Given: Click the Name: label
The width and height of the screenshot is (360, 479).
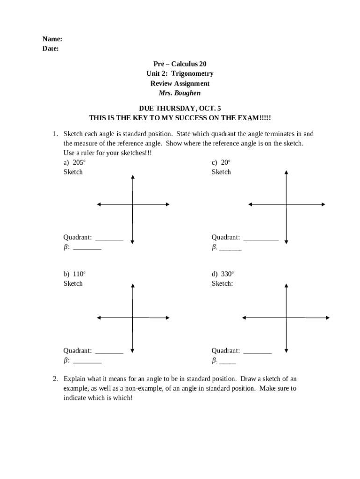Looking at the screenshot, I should click(52, 39).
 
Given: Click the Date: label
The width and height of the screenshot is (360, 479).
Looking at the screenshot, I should click(51, 49).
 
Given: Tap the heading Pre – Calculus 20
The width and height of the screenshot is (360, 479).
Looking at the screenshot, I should click(180, 64).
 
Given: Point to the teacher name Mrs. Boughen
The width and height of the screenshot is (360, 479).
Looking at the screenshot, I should click(180, 93).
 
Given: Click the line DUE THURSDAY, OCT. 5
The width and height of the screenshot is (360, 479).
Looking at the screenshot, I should click(180, 108).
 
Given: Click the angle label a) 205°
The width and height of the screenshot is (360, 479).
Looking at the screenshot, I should click(74, 162).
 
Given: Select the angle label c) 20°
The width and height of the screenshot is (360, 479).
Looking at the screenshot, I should click(221, 162).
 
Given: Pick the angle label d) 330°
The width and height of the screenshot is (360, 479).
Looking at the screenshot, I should click(223, 274).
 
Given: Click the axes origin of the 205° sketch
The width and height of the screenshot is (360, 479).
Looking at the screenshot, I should click(133, 204).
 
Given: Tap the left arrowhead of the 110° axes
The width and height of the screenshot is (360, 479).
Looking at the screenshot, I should click(99, 318).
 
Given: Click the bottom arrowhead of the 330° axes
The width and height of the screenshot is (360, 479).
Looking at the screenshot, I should click(286, 352).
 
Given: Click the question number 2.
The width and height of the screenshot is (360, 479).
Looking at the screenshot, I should click(55, 378).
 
